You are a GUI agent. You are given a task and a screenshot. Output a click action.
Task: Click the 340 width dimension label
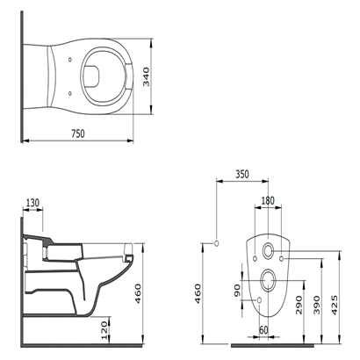pyautogui.click(x=146, y=77)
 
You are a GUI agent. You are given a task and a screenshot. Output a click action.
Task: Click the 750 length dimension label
pyautogui.click(x=78, y=133)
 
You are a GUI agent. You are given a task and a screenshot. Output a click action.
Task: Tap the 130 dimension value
pyautogui.click(x=32, y=203)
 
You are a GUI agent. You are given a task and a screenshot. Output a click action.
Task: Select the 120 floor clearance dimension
pyautogui.click(x=104, y=330)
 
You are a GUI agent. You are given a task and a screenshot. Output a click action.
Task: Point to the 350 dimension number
pyautogui.click(x=242, y=174)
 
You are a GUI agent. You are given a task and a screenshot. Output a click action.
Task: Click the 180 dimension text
pyautogui.click(x=268, y=200)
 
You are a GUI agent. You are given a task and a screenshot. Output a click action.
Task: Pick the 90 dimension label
pyautogui.click(x=237, y=291)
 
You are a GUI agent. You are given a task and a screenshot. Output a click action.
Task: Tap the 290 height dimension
pyautogui.click(x=299, y=305)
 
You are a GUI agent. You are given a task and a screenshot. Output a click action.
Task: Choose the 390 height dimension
pyautogui.click(x=317, y=305)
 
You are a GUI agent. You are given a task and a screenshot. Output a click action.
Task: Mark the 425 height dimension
pyautogui.click(x=335, y=305)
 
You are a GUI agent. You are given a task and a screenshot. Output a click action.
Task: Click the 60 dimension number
pyautogui.click(x=263, y=330)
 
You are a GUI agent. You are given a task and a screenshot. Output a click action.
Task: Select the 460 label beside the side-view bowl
pyautogui.click(x=138, y=293)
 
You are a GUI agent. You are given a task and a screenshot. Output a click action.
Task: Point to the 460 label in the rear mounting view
pyautogui.click(x=198, y=293)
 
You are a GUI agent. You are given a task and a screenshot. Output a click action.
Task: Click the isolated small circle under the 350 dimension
pyautogui.click(x=217, y=243)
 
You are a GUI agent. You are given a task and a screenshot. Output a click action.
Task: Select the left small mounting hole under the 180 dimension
pyautogui.click(x=255, y=258)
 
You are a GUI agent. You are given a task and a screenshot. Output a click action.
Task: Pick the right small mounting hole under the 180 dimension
pyautogui.click(x=281, y=258)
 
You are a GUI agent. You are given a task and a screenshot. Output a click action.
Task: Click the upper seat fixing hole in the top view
pyautogui.click(x=69, y=60)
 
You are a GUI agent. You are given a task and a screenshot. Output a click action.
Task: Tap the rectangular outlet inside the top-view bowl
pyautogui.click(x=91, y=76)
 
